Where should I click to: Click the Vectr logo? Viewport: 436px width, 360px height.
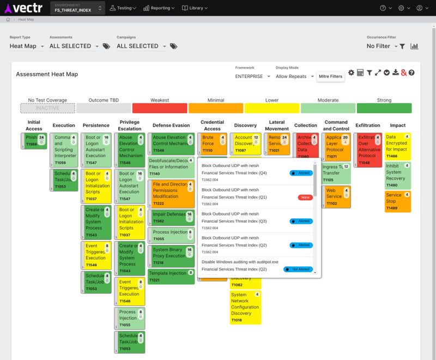[24, 8]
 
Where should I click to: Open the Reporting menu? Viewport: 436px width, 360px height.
[159, 8]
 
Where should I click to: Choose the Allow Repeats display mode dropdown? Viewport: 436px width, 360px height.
[295, 76]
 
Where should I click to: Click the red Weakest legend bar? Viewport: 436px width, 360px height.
[160, 108]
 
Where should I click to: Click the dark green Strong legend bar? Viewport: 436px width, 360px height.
[384, 108]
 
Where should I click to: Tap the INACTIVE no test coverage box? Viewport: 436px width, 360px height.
[47, 108]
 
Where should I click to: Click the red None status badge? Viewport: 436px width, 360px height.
[305, 197]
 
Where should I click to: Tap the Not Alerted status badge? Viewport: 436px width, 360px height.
[298, 269]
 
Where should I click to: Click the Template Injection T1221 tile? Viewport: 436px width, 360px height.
[171, 276]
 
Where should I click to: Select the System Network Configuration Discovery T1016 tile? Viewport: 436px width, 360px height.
[245, 307]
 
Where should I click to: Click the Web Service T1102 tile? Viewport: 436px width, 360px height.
[336, 196]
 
